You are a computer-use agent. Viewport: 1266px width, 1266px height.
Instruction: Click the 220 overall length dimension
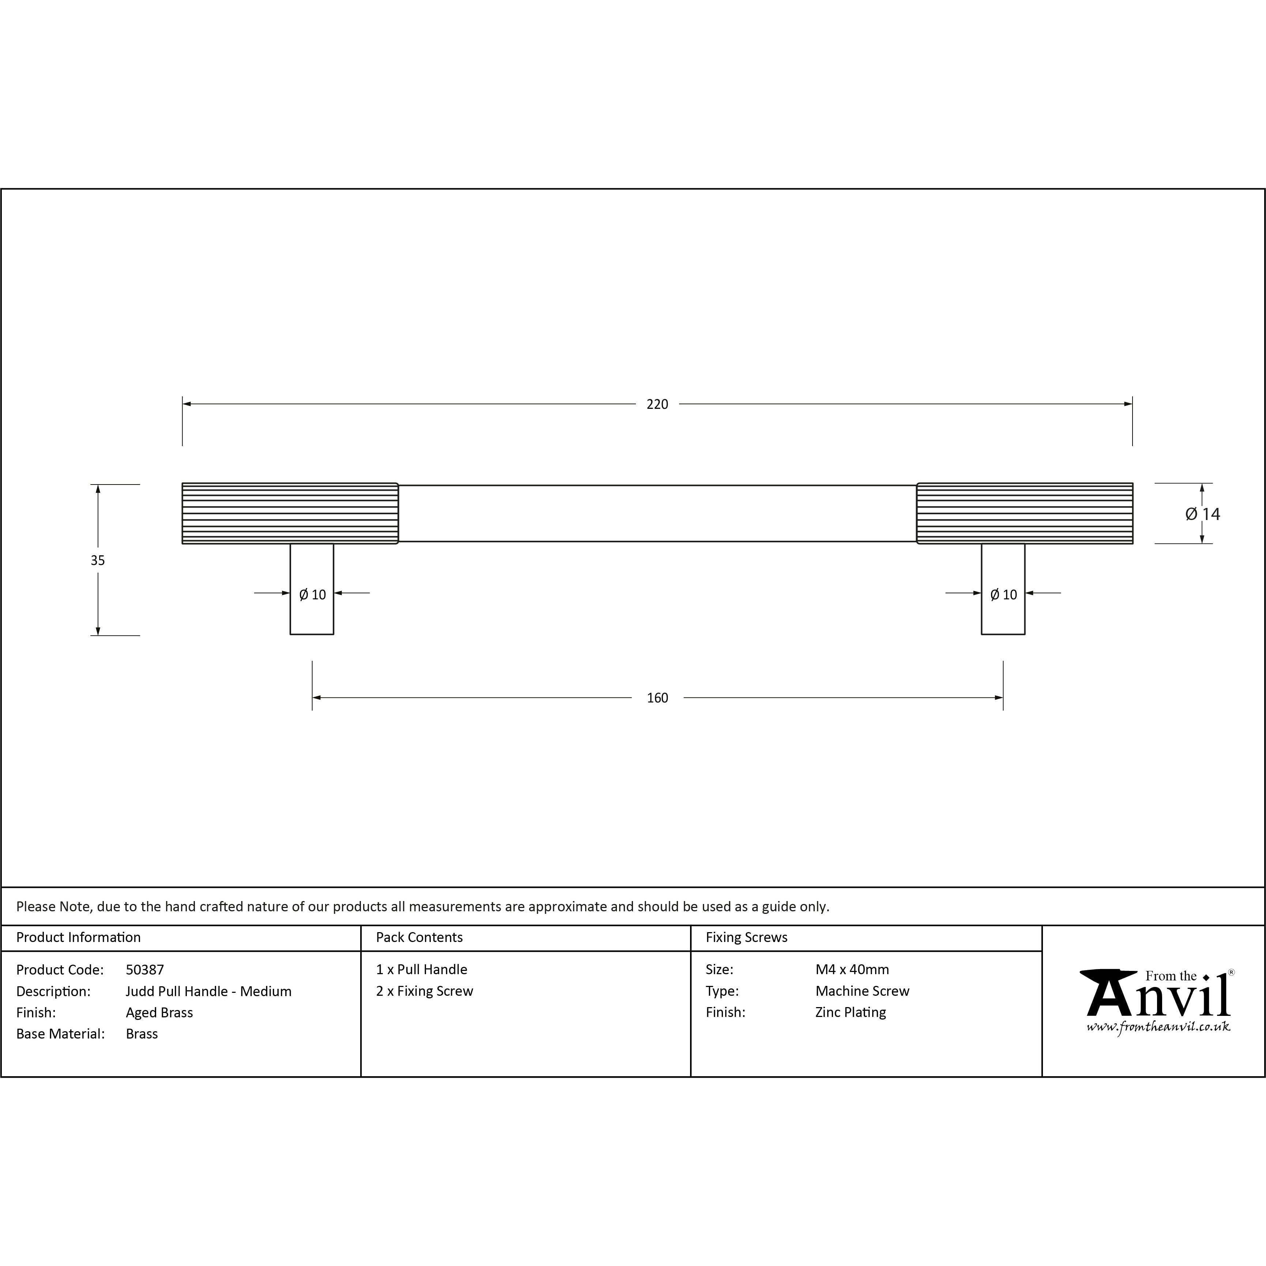pos(657,404)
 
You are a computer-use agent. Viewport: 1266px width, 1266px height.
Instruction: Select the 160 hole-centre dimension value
pos(657,698)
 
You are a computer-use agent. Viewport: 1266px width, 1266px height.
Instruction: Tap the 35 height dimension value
pos(98,560)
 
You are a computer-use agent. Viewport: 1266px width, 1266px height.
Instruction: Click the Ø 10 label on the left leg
pos(313,594)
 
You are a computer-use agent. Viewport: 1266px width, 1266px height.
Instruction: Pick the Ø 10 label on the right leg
pos(1003,594)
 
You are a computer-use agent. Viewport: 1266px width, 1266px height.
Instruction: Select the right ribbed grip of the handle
pos(1025,513)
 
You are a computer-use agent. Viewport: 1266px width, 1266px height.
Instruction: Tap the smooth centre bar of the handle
pos(657,513)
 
